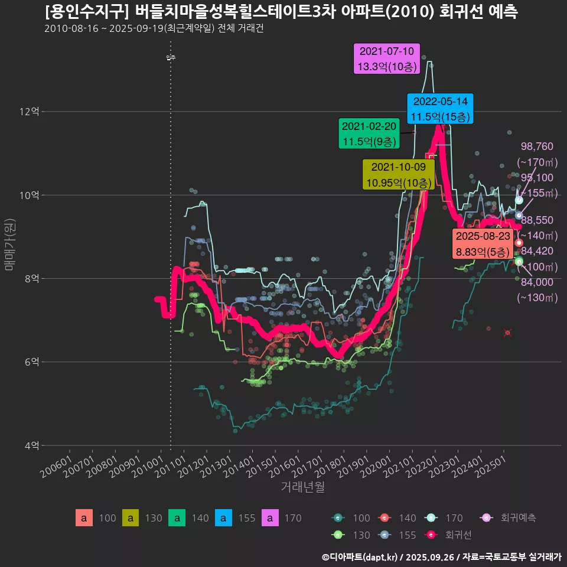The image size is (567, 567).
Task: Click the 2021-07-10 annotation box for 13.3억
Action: [x=387, y=58]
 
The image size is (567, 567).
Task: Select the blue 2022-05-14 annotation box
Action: [x=441, y=109]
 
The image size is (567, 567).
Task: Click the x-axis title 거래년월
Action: [x=302, y=487]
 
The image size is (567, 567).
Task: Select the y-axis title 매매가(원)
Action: [x=9, y=244]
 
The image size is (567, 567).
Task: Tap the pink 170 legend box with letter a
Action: [x=270, y=518]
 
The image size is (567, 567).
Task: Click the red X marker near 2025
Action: [x=507, y=333]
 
